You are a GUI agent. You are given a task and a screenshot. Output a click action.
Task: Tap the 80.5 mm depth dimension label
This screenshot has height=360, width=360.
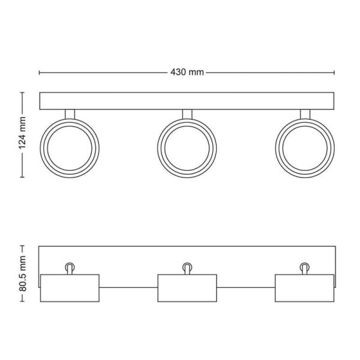click(x=22, y=272)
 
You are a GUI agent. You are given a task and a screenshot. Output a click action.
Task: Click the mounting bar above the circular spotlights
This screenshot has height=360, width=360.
click(x=187, y=101)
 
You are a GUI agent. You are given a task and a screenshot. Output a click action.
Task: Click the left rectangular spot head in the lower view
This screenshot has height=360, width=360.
click(x=70, y=288)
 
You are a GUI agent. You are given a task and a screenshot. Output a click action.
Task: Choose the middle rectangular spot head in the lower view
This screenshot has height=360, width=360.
click(x=187, y=288)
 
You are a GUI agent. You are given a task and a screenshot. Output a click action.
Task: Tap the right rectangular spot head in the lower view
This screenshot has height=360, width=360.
click(x=304, y=288)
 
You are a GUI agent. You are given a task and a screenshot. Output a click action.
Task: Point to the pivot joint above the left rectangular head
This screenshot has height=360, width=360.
click(x=70, y=267)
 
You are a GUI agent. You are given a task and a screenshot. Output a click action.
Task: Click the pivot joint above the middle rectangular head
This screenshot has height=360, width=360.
click(x=187, y=267)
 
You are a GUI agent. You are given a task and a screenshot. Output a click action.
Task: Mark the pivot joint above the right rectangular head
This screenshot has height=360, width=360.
click(x=304, y=267)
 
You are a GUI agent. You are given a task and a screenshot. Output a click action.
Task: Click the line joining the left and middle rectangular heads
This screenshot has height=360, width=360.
click(x=128, y=288)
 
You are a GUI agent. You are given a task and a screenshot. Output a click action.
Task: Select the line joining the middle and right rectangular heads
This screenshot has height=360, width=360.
click(x=245, y=288)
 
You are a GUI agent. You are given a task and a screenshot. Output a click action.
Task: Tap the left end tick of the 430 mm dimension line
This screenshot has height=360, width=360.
click(x=40, y=73)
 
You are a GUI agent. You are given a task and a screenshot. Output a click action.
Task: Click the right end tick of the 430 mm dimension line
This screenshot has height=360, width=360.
click(x=334, y=73)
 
